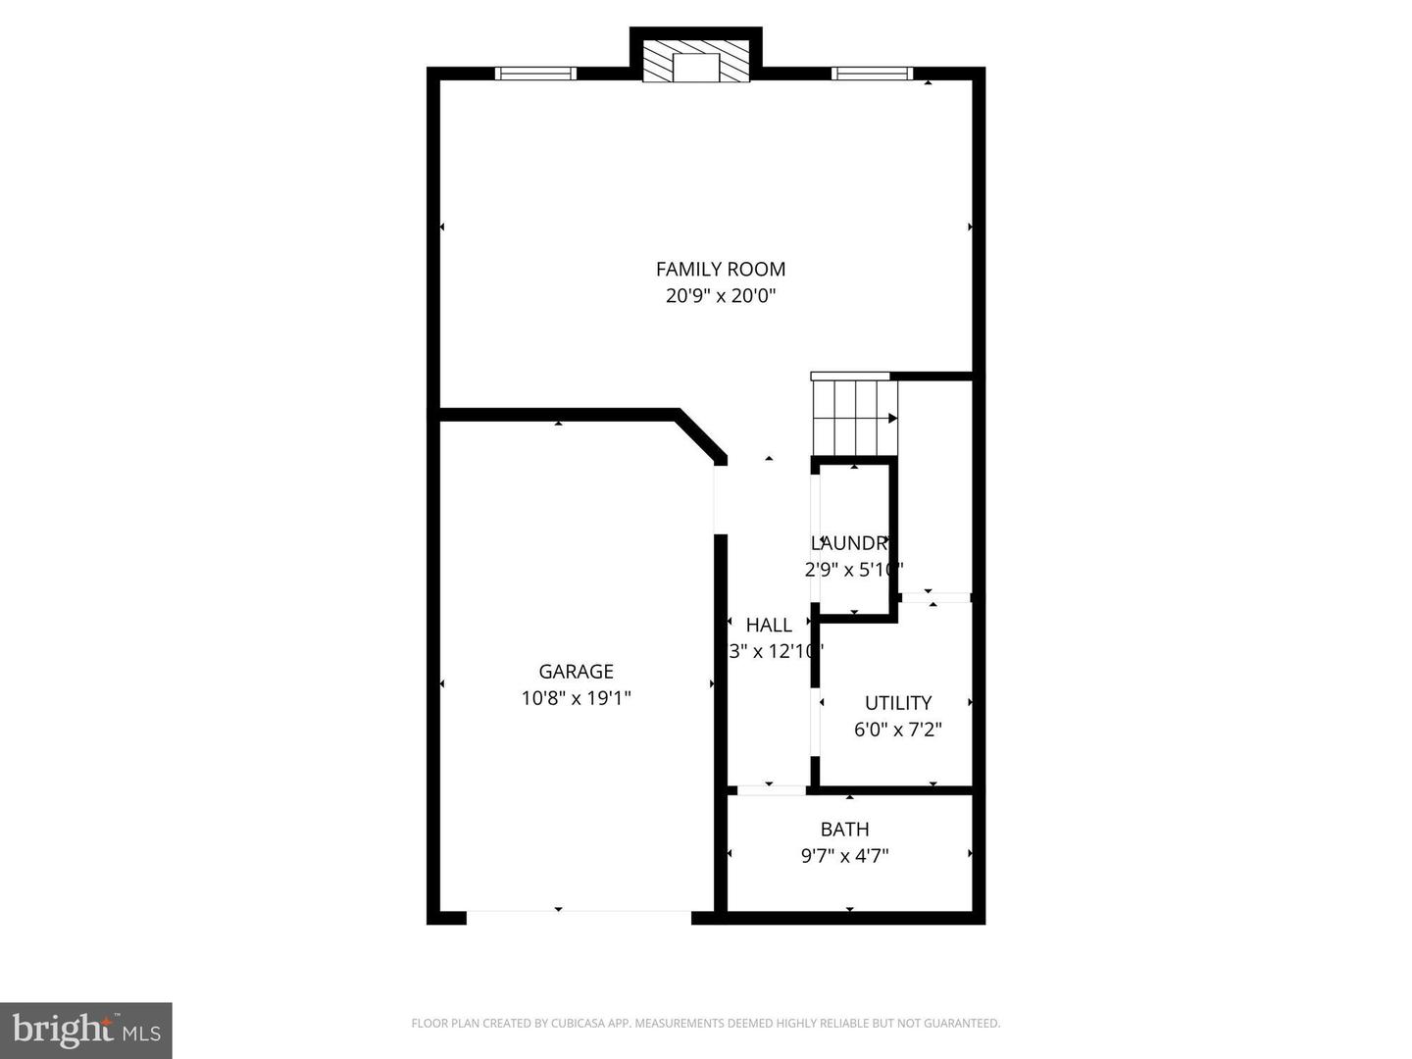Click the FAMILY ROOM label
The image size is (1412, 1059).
pyautogui.click(x=721, y=269)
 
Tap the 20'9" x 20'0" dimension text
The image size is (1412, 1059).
pyautogui.click(x=721, y=295)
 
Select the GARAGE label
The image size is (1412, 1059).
pyautogui.click(x=576, y=672)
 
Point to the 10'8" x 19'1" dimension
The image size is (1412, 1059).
pyautogui.click(x=576, y=698)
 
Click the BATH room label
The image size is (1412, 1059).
pyautogui.click(x=844, y=830)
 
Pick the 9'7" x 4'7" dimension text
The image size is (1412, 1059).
pyautogui.click(x=844, y=856)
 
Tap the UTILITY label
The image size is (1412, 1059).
pyautogui.click(x=897, y=703)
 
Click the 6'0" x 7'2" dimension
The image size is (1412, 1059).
pyautogui.click(x=897, y=730)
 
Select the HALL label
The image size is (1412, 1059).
pyautogui.click(x=769, y=625)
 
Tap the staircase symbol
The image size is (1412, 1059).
pyautogui.click(x=854, y=417)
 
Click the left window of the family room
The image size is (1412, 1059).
pyautogui.click(x=535, y=73)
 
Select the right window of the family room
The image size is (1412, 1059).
pyautogui.click(x=872, y=73)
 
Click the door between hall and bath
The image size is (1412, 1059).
pyautogui.click(x=771, y=788)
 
